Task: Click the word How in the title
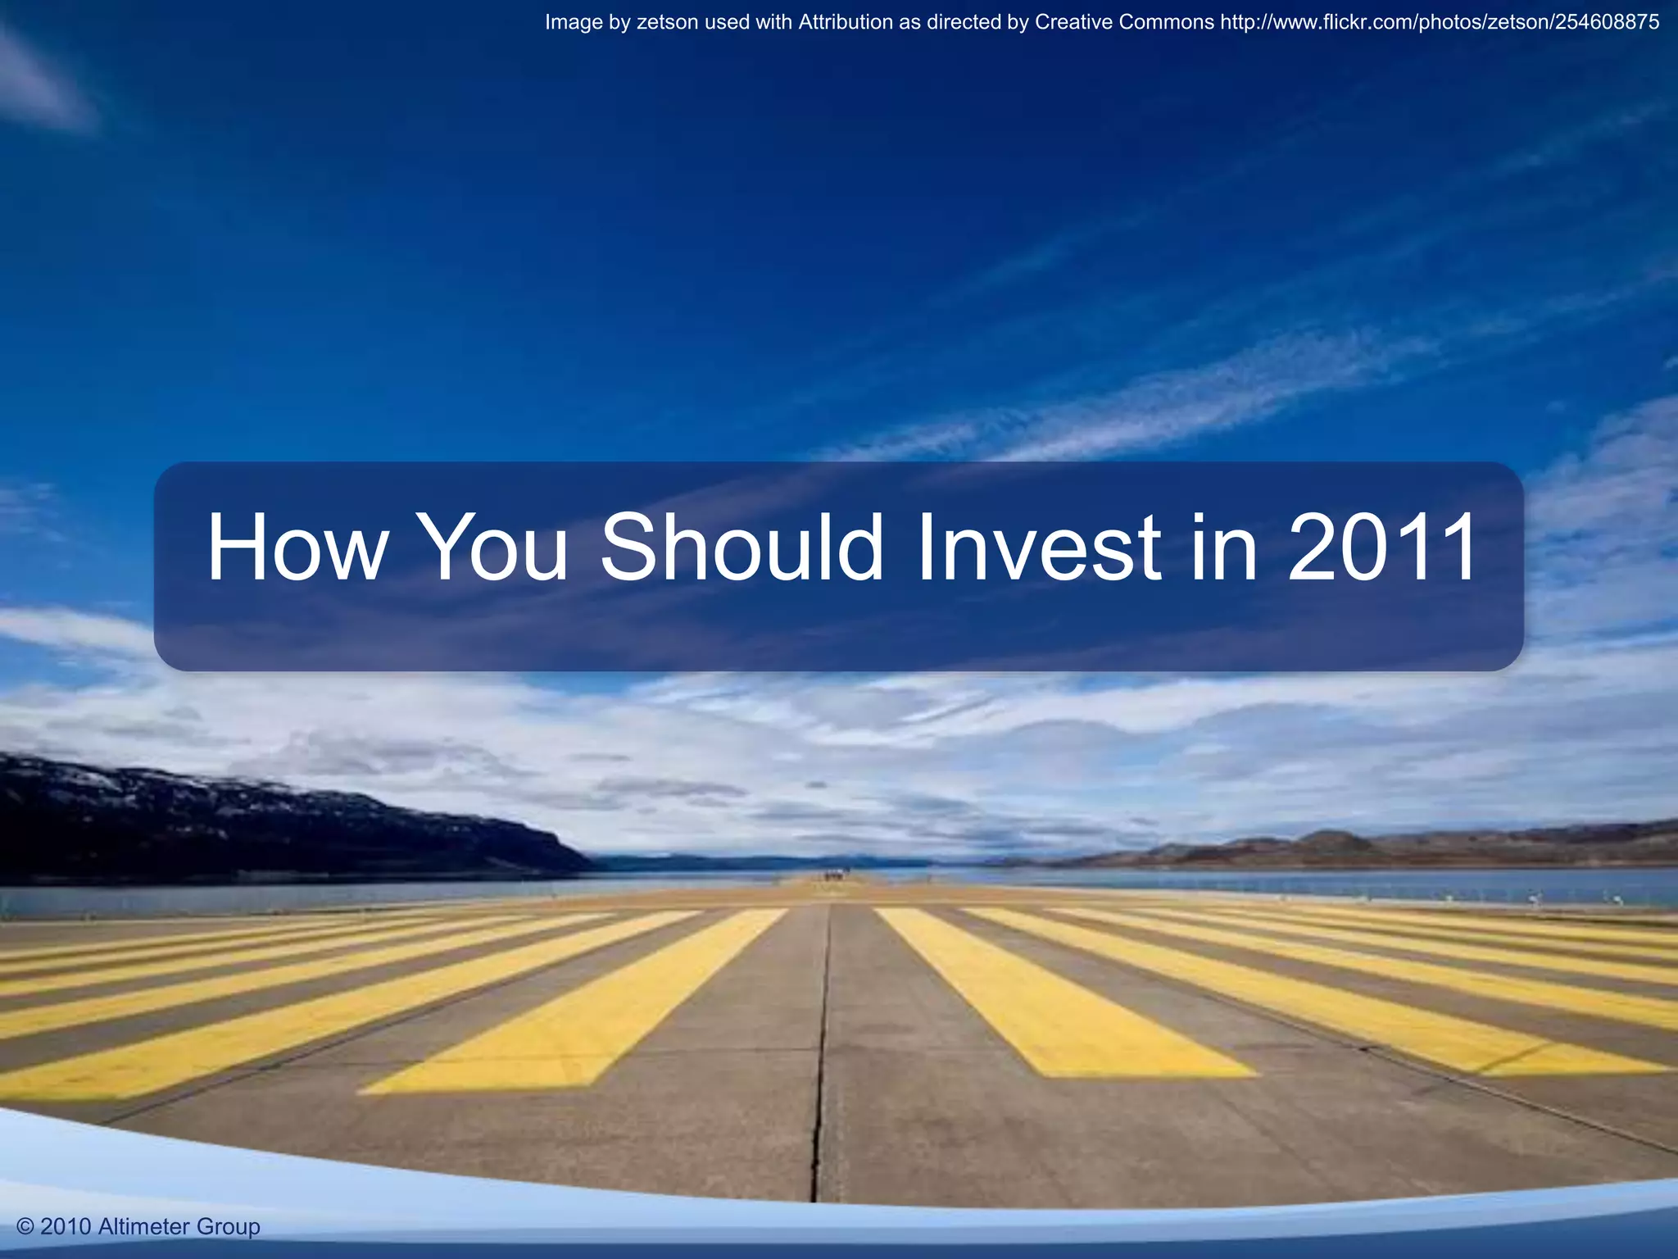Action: (296, 548)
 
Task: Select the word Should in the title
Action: (741, 548)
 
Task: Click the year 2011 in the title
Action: (1383, 548)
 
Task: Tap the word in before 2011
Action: (1224, 548)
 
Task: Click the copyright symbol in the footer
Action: (25, 1227)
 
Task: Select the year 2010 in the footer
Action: (66, 1227)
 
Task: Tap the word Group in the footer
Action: (229, 1227)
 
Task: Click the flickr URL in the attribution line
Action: (1440, 22)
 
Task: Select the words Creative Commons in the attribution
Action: (1124, 22)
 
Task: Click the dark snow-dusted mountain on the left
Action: (205, 820)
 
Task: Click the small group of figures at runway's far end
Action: (834, 876)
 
